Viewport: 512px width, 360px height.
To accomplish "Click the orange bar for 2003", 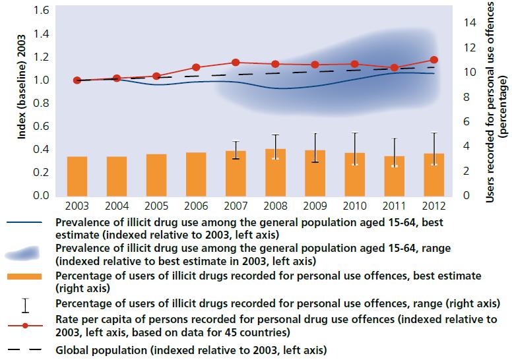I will pyautogui.click(x=78, y=176).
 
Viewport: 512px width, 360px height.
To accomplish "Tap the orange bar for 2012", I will pyautogui.click(x=433, y=175).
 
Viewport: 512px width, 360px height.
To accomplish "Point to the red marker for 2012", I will pyautogui.click(x=433, y=60).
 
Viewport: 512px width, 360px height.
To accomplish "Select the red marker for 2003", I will pyautogui.click(x=78, y=80).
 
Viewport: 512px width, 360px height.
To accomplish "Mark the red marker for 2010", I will pyautogui.click(x=355, y=64).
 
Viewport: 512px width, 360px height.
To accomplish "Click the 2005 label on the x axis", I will pyautogui.click(x=157, y=206).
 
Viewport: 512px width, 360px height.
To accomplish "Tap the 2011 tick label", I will pyautogui.click(x=395, y=206).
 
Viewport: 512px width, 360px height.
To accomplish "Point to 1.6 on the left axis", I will pyautogui.click(x=42, y=11).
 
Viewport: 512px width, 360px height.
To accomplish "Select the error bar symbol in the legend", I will pyautogui.click(x=24, y=304).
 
